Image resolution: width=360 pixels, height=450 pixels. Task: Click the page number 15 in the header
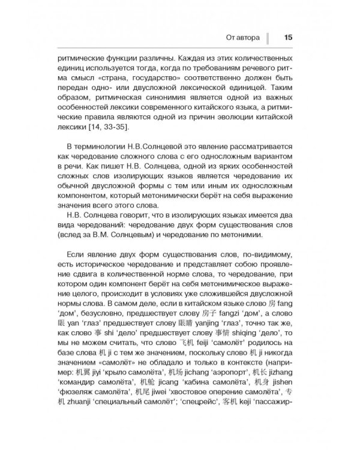288,37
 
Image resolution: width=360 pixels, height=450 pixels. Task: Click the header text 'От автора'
242,38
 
